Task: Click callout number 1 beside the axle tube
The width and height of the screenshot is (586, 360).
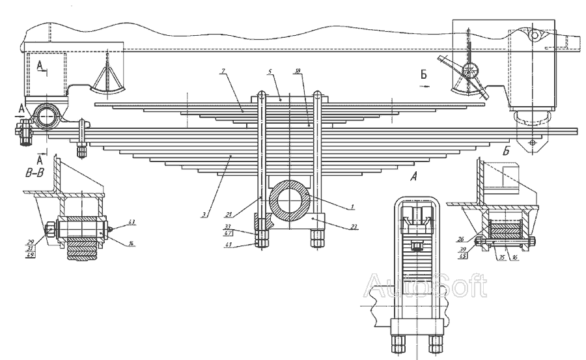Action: [x=352, y=206]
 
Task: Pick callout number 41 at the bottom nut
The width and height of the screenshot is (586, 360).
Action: [x=229, y=245]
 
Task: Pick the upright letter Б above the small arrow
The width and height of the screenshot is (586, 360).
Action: [x=424, y=76]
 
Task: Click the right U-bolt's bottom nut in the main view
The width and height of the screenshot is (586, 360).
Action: [x=317, y=239]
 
